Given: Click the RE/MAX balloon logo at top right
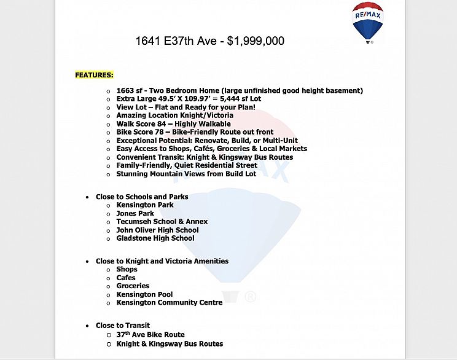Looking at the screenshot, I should point(368,22).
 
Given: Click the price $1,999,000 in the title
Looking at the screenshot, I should point(256,41).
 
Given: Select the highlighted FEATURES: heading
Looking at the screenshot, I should point(94,75).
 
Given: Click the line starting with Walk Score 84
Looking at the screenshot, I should point(173,124).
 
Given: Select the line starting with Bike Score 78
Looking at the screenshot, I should point(195,132).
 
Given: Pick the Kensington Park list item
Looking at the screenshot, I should point(145,205).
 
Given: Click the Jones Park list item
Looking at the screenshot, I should point(135,214).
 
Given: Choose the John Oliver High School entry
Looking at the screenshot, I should point(157,230).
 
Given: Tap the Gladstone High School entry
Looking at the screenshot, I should point(155,238).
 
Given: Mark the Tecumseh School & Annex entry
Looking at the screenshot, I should point(162,222).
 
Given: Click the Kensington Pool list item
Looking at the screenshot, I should point(144,295).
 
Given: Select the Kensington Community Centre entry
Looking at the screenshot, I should point(169,303).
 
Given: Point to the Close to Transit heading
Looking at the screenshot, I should point(122,326).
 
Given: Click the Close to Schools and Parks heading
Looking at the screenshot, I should point(142,197).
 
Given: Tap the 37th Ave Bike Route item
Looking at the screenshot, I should point(150,335).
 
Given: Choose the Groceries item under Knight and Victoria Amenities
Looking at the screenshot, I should point(133,286).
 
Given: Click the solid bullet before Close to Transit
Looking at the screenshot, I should point(87,326).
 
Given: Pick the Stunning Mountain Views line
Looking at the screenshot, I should point(186,174).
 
